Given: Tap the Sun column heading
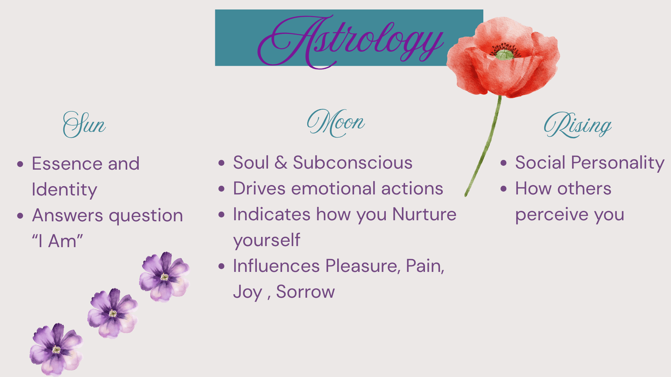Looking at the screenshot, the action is pyautogui.click(x=84, y=125).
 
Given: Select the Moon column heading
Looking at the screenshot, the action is pyautogui.click(x=336, y=123).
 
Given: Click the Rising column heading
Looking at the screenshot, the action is pyautogui.click(x=578, y=125).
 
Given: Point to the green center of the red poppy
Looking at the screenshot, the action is pyautogui.click(x=504, y=55).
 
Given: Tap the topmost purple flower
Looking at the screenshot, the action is pyautogui.click(x=165, y=276).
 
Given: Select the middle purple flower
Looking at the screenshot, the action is pyautogui.click(x=113, y=313).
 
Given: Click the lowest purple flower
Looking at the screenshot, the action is pyautogui.click(x=56, y=349).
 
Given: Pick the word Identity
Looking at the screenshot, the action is pyautogui.click(x=64, y=190).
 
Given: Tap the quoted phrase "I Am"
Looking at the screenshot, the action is pyautogui.click(x=57, y=241).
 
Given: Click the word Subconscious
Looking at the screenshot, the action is pyautogui.click(x=352, y=163).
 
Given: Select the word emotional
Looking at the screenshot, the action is pyautogui.click(x=333, y=188).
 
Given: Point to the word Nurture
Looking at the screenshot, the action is pyautogui.click(x=424, y=214).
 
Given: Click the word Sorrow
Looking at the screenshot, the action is pyautogui.click(x=305, y=292).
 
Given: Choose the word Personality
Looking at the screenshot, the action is pyautogui.click(x=618, y=163).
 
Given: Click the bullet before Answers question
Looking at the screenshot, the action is pyautogui.click(x=21, y=216).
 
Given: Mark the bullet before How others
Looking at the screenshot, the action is pyautogui.click(x=504, y=188).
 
